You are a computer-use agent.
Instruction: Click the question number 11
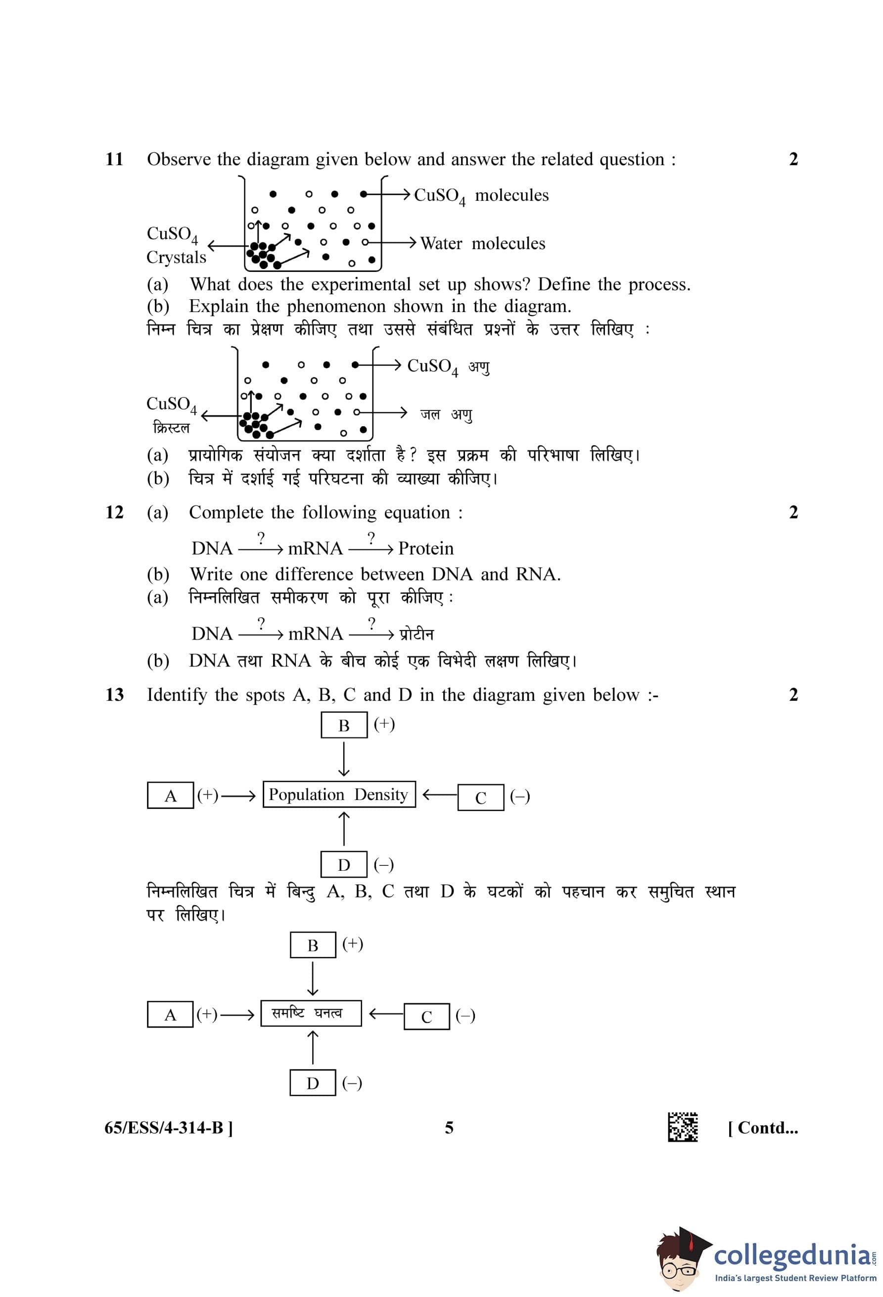[114, 159]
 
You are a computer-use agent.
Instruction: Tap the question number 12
[114, 512]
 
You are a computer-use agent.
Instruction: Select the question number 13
[114, 695]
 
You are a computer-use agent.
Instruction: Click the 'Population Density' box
[339, 794]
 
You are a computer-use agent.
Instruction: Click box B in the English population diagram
[344, 725]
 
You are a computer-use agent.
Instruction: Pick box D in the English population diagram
[344, 864]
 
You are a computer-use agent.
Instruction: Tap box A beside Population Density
[170, 796]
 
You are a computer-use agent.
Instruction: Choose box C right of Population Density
[480, 798]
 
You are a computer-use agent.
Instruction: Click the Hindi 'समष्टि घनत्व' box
[311, 1013]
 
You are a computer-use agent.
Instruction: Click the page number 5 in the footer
[449, 1128]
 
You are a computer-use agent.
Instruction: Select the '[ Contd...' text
[762, 1128]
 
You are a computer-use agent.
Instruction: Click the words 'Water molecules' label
[482, 243]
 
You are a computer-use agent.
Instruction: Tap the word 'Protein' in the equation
[426, 548]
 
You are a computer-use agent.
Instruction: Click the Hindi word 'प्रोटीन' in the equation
[417, 634]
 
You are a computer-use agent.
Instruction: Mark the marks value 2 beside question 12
[793, 512]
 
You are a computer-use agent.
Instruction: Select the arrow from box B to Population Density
[344, 759]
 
